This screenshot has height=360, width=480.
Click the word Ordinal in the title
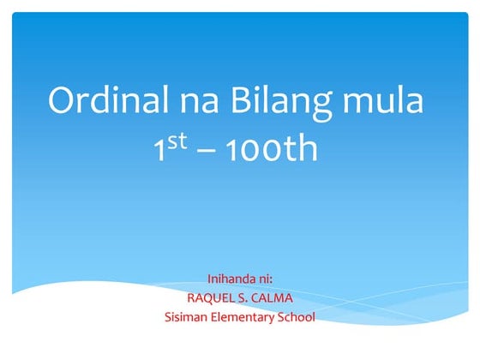106,101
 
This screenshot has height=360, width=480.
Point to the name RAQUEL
211,298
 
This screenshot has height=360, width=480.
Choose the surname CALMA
273,298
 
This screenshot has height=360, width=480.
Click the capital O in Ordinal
62,101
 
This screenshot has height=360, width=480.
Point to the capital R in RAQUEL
190,298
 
